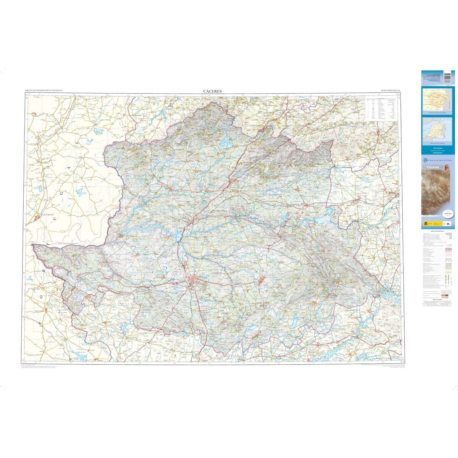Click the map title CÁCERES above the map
213,91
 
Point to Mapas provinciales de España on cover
440,161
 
